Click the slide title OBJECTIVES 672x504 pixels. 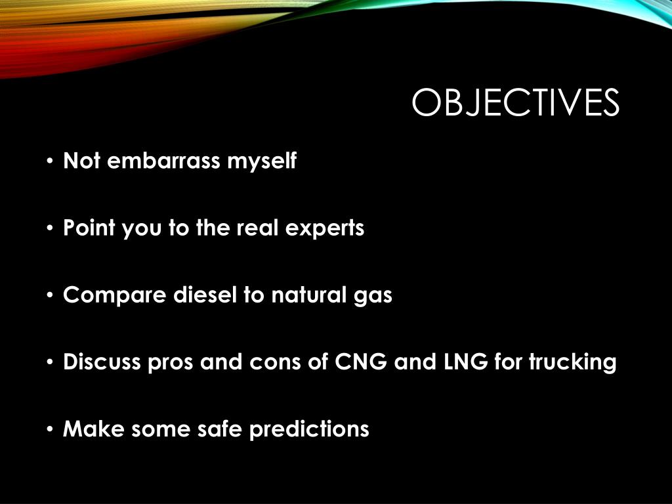(x=515, y=104)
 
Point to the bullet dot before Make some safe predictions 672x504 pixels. (x=51, y=430)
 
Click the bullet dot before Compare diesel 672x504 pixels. (x=51, y=296)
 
